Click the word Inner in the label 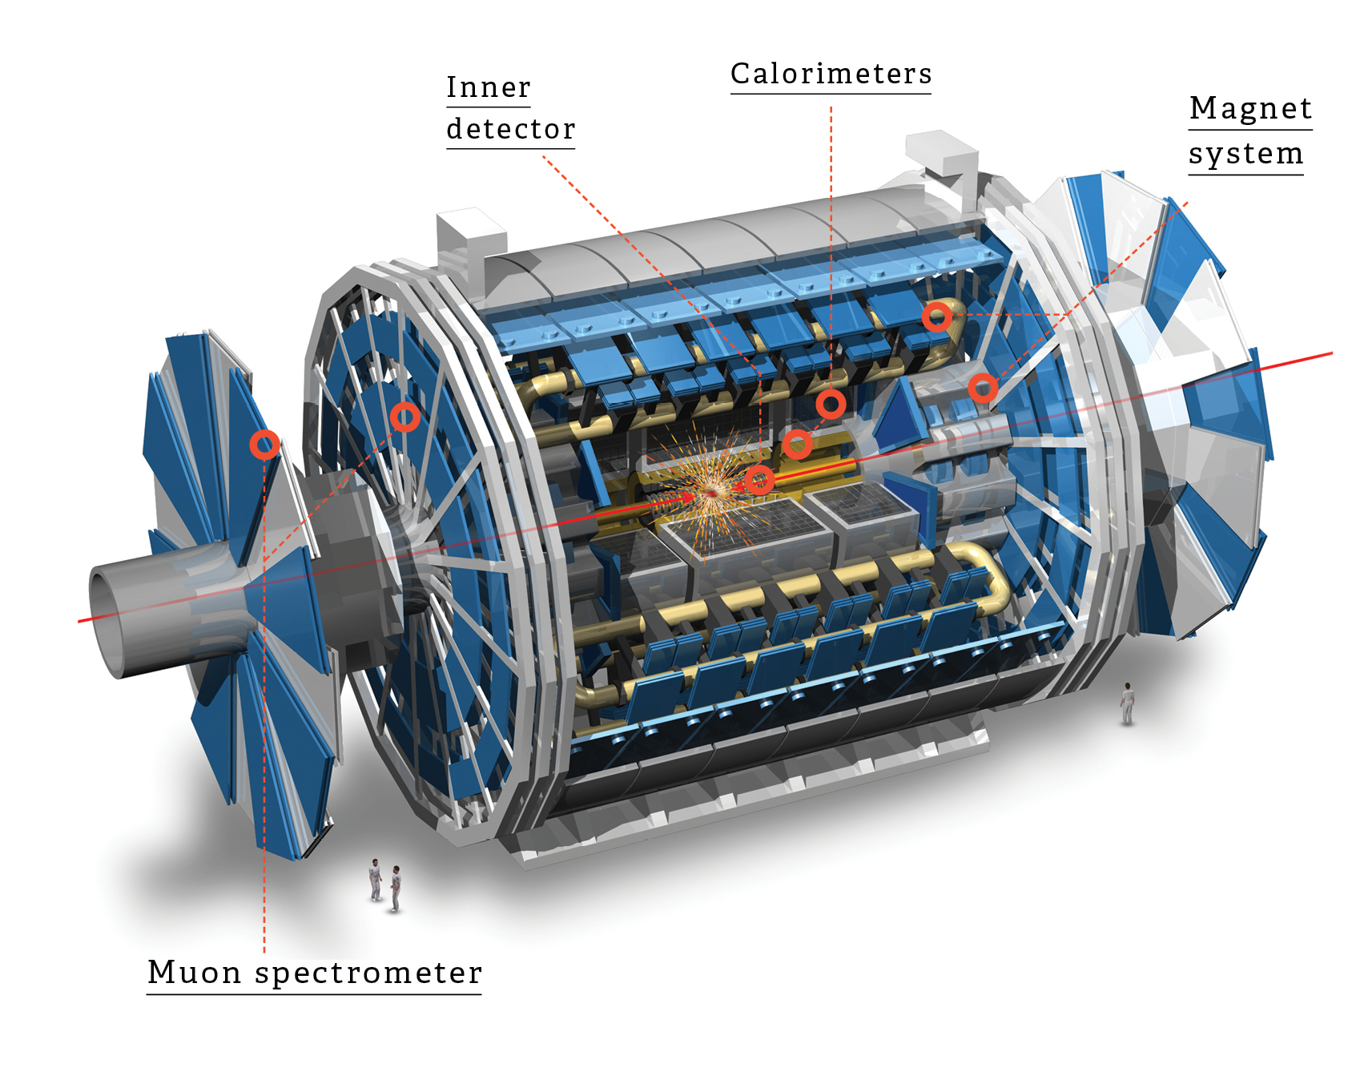pyautogui.click(x=488, y=87)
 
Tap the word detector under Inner pyautogui.click(x=510, y=129)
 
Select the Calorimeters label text pyautogui.click(x=831, y=74)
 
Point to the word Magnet pyautogui.click(x=1250, y=108)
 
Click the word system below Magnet pyautogui.click(x=1245, y=153)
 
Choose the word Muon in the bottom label pyautogui.click(x=194, y=973)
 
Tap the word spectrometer pyautogui.click(x=368, y=973)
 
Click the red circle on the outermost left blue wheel pyautogui.click(x=264, y=444)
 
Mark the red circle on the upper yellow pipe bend pyautogui.click(x=936, y=317)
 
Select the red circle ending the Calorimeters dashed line pyautogui.click(x=831, y=404)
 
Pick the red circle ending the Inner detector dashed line pyautogui.click(x=759, y=481)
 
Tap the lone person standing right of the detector pyautogui.click(x=1128, y=703)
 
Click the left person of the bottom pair pyautogui.click(x=375, y=880)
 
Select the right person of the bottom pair pyautogui.click(x=396, y=888)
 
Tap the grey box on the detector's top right pyautogui.click(x=940, y=154)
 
